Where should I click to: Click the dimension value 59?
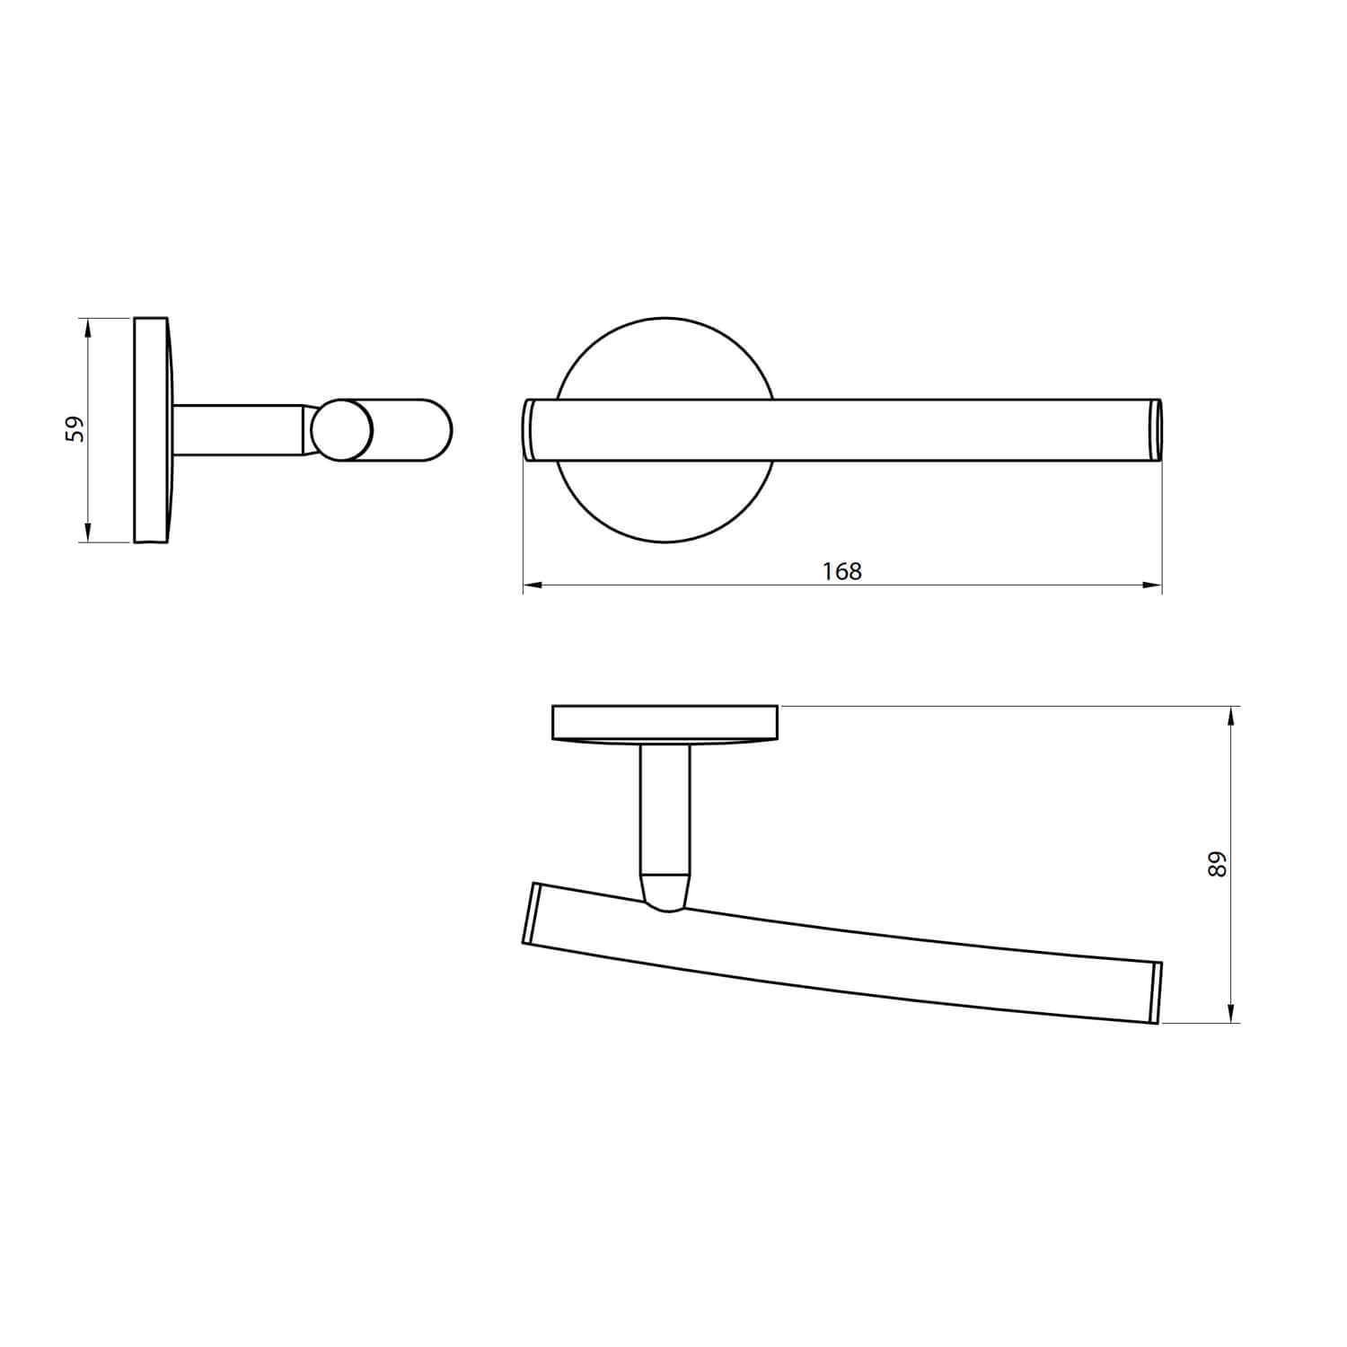coord(77,428)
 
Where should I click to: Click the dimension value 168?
coord(841,571)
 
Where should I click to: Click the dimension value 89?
coord(1218,864)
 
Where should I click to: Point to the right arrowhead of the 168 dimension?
coord(1152,585)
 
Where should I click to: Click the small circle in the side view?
coord(341,431)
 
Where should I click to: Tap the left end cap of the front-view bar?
coord(529,430)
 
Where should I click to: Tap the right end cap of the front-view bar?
coord(1157,430)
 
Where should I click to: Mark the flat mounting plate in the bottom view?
coord(665,723)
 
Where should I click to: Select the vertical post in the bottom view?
coord(665,808)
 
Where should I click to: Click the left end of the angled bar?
coord(531,913)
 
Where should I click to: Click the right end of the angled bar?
coord(1157,993)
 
